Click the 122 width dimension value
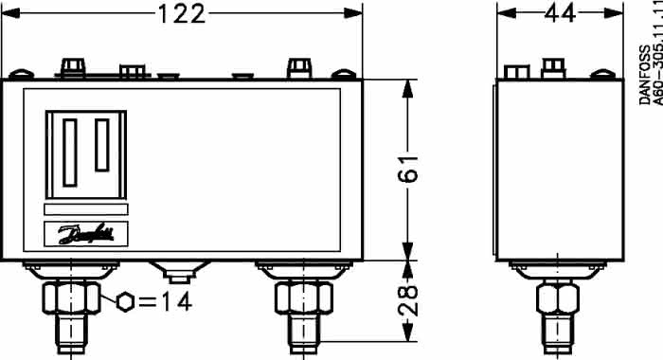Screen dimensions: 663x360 (182, 13)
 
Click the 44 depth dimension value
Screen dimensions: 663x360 (560, 13)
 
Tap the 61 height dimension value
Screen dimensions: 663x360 (408, 169)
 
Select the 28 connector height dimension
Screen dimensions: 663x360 (408, 300)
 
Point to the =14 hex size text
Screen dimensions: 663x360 (166, 302)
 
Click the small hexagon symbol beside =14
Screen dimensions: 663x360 (126, 302)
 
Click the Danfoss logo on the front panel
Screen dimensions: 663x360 (86, 233)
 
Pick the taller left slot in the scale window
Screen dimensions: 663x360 (70, 153)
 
